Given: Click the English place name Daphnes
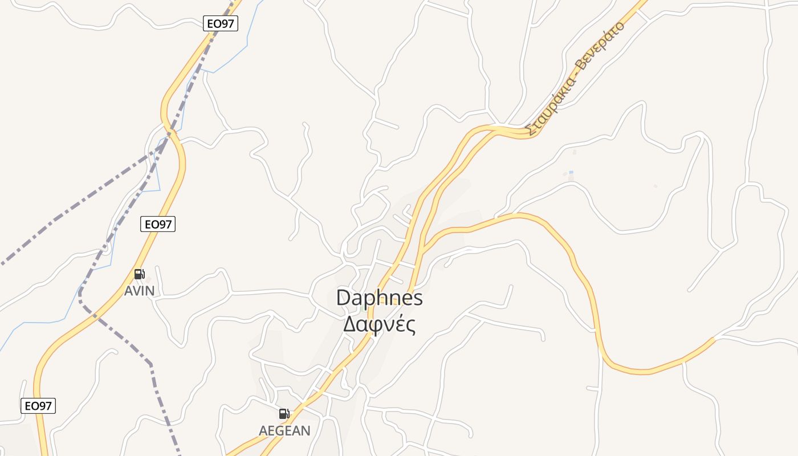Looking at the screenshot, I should tap(379, 298).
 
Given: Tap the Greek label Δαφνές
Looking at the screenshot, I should tap(379, 324).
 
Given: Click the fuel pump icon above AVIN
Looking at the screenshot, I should tap(139, 274).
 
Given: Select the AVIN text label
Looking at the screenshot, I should tap(139, 291).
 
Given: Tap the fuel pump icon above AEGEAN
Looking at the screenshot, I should tap(284, 414).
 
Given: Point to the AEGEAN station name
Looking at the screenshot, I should tap(284, 430).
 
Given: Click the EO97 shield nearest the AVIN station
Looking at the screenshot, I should tap(158, 224).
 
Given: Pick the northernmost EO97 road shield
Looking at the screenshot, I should tap(221, 23).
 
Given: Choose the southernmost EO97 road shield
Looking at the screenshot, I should tap(39, 406).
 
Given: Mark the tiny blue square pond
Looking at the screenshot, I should tap(571, 172).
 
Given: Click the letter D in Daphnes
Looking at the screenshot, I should tap(343, 298).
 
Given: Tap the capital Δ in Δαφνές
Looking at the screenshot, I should tap(349, 324).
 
